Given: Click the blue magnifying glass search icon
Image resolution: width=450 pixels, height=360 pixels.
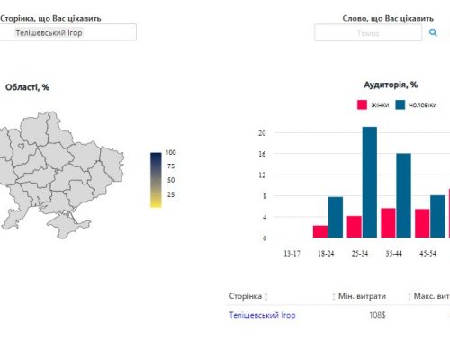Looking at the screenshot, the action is (433, 32).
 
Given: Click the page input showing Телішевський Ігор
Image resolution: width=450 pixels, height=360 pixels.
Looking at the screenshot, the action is (67, 32).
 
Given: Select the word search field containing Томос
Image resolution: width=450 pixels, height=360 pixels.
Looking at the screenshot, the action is (368, 32).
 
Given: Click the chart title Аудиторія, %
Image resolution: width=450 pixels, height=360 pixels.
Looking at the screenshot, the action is (391, 85).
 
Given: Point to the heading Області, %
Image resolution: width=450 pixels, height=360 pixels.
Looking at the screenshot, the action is (27, 87).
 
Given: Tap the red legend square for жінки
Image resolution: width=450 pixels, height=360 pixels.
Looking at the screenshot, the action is (362, 104).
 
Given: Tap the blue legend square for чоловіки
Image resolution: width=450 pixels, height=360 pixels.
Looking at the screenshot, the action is (400, 104).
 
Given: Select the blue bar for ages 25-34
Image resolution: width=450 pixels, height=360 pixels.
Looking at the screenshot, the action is (370, 182).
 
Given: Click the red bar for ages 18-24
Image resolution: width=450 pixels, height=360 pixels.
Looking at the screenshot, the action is (320, 231).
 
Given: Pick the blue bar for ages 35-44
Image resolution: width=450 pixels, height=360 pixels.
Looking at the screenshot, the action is (403, 195).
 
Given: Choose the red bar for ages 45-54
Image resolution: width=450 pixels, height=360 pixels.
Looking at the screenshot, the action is (422, 223).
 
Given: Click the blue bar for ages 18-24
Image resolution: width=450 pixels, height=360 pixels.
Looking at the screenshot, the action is (336, 217).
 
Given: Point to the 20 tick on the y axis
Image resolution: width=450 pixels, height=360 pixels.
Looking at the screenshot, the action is (262, 133).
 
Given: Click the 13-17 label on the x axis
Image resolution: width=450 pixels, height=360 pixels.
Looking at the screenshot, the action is (292, 254).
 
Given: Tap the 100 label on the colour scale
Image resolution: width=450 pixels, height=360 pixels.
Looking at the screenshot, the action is (171, 152).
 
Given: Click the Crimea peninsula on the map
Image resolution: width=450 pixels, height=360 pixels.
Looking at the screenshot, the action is (67, 225).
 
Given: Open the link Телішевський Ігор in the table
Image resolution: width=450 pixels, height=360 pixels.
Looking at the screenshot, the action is (262, 315).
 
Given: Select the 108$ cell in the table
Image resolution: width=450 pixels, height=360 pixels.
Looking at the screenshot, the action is (377, 315).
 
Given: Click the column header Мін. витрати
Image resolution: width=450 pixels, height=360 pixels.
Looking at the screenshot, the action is (362, 296).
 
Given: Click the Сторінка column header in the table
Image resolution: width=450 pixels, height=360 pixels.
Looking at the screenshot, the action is (246, 296).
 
